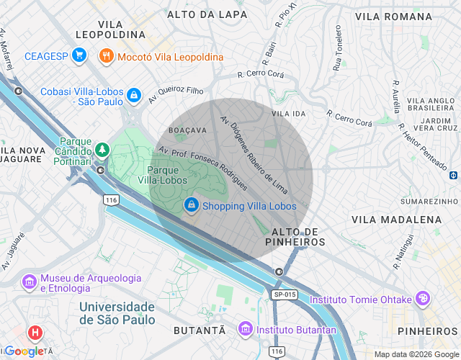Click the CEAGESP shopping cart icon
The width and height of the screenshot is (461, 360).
(79, 55)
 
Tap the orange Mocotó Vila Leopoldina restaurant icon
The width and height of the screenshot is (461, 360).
(106, 56)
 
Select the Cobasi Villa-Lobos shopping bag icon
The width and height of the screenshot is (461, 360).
(133, 94)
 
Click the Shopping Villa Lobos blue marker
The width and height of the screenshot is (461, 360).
(191, 205)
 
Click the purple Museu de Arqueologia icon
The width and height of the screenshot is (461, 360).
(30, 282)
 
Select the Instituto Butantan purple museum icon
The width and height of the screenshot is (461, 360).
(245, 329)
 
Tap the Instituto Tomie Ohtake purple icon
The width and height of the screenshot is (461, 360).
(422, 299)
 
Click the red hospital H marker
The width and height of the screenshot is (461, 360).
(34, 333)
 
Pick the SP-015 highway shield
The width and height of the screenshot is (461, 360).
(285, 294)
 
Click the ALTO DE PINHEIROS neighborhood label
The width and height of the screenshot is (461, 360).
(295, 237)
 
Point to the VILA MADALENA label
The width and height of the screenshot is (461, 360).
(396, 219)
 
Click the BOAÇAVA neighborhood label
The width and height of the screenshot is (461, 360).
(187, 130)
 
